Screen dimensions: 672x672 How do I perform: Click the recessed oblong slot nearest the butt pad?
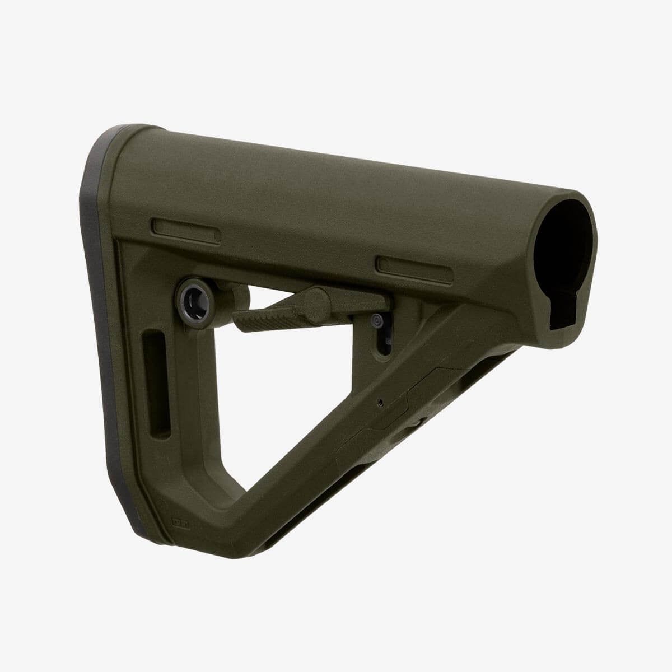pos(183,230)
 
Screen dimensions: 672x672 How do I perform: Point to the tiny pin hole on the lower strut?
pos(380,402)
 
